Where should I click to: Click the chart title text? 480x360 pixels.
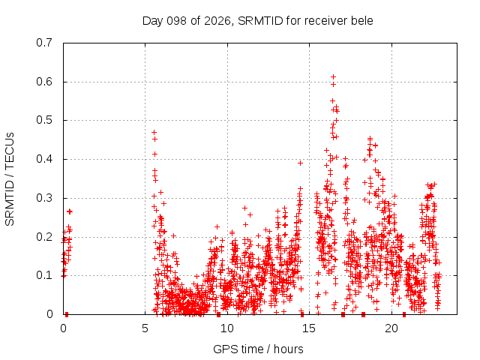click(x=258, y=21)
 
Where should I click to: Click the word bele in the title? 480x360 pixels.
click(x=362, y=21)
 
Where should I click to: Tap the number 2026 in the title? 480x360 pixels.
click(x=217, y=21)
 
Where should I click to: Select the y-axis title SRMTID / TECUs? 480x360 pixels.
click(x=10, y=179)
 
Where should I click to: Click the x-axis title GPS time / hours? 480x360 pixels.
click(x=258, y=349)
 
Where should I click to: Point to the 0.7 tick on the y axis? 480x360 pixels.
click(x=44, y=43)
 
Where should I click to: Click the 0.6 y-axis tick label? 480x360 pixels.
click(x=44, y=82)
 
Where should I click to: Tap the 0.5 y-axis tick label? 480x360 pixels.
click(x=44, y=120)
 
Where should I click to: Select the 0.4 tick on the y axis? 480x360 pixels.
click(x=44, y=159)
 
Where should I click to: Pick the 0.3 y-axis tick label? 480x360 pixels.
click(x=44, y=198)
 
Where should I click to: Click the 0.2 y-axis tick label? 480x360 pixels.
click(x=44, y=237)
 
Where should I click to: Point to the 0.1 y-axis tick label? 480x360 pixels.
click(x=44, y=275)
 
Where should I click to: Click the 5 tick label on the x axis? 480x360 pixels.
click(x=145, y=328)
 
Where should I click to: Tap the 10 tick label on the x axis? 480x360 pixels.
click(x=226, y=328)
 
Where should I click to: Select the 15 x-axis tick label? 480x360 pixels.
click(x=309, y=328)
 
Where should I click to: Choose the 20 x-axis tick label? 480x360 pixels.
click(x=391, y=328)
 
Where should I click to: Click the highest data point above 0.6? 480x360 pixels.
click(x=333, y=76)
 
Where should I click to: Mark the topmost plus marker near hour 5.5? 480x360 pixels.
click(x=154, y=132)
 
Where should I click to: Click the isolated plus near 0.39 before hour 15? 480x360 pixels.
click(x=300, y=163)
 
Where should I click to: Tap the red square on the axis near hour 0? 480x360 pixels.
click(x=67, y=314)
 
